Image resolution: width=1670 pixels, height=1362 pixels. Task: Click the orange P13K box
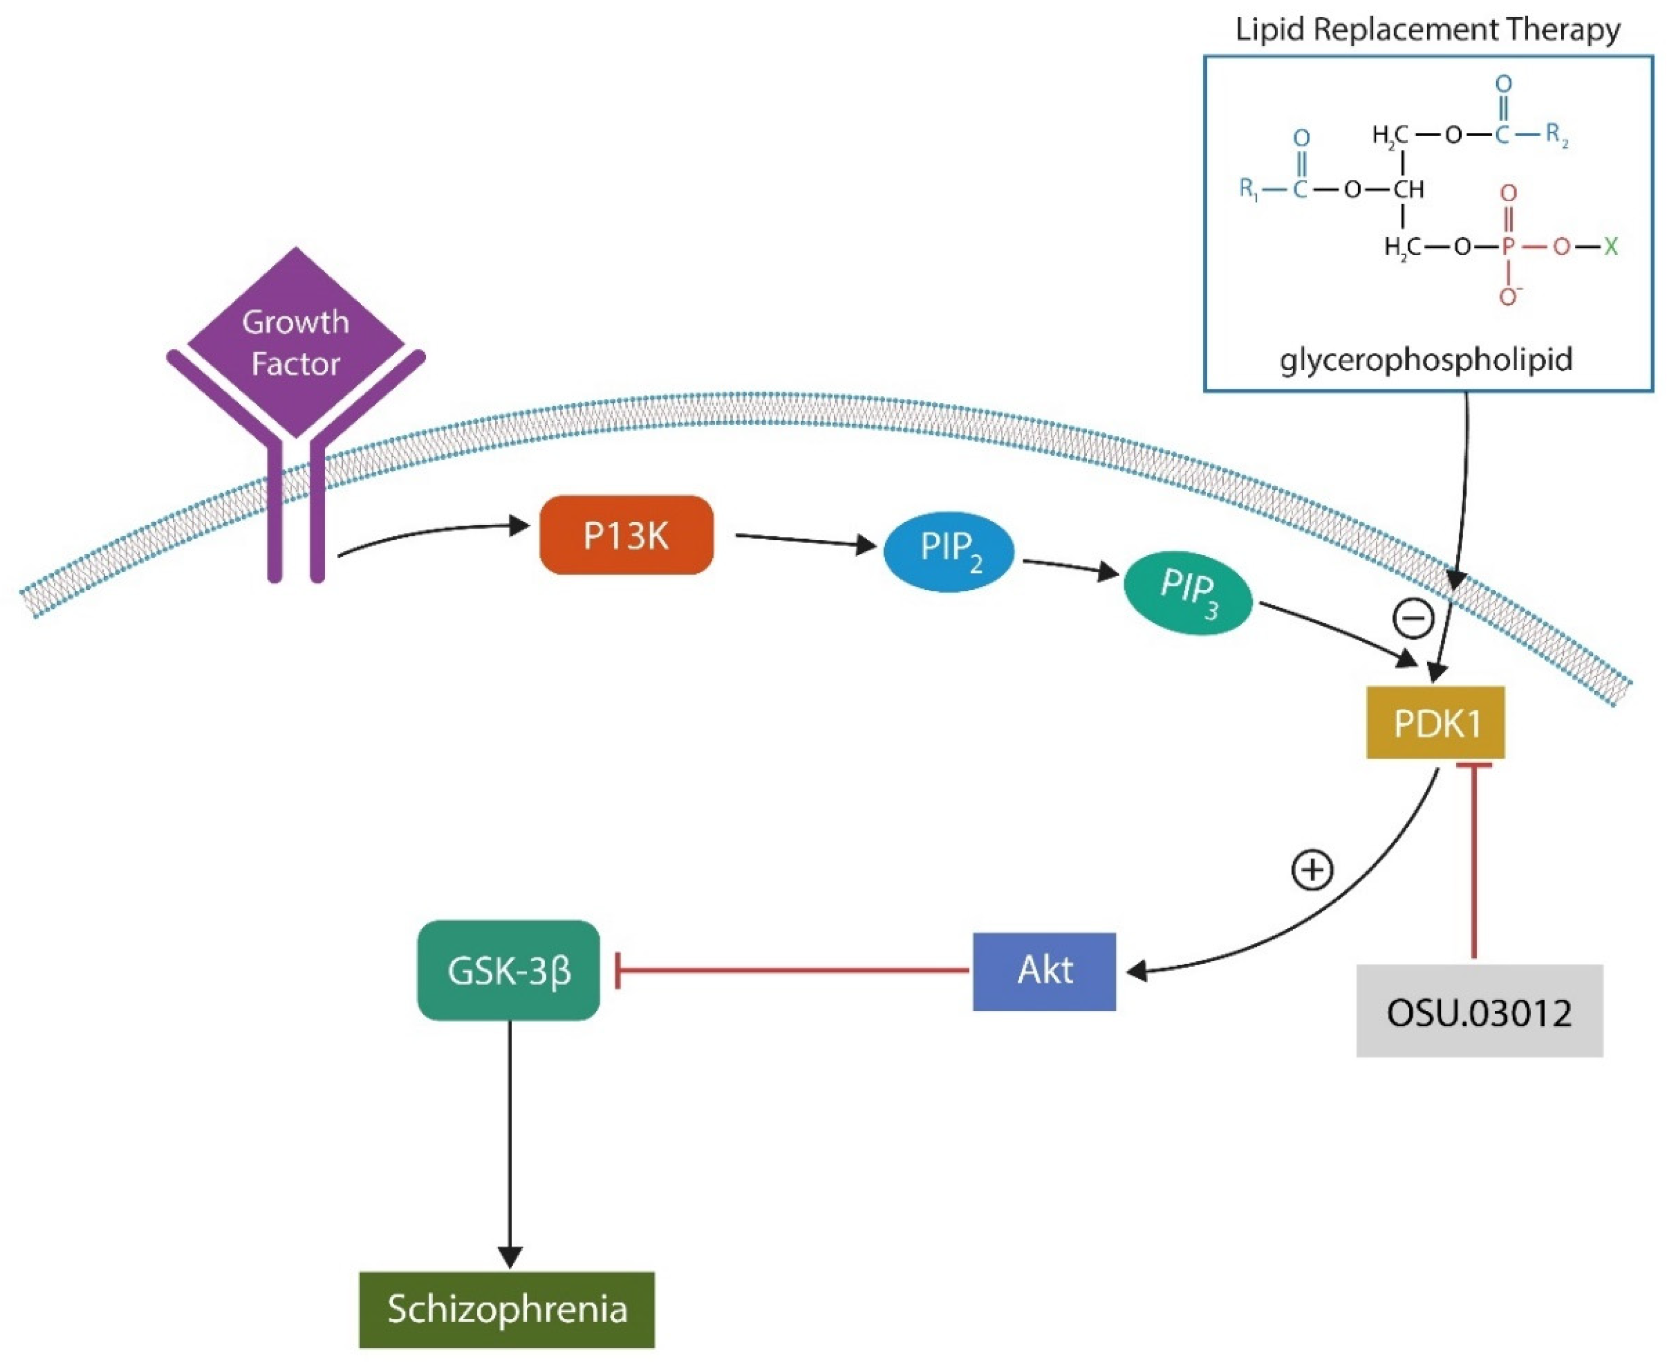[626, 535]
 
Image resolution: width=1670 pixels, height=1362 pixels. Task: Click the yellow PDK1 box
[1435, 722]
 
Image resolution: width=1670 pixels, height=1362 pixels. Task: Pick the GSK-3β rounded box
[508, 970]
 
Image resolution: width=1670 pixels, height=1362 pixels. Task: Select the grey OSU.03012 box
[1478, 1012]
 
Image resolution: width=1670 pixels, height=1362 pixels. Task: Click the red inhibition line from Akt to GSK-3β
[792, 970]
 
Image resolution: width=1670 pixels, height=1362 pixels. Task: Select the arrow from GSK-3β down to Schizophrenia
[510, 1137]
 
